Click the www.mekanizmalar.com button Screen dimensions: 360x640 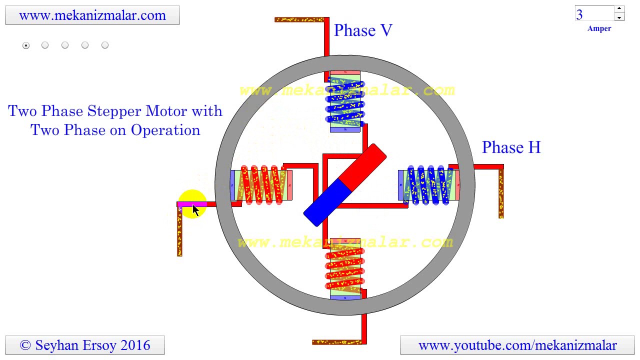(92, 15)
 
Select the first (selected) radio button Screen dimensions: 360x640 (26, 45)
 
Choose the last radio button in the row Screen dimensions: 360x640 (105, 45)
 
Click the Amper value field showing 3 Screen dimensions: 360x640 (594, 14)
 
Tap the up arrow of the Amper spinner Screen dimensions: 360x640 (619, 8)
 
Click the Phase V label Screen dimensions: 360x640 (363, 30)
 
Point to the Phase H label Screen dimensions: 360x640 (511, 147)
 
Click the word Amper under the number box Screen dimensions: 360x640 (599, 29)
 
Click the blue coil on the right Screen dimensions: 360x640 (428, 185)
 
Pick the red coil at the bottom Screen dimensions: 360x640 (345, 268)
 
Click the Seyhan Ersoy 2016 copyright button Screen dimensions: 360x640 (85, 345)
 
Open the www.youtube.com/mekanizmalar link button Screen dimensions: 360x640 (517, 345)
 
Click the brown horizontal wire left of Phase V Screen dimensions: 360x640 (299, 20)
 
